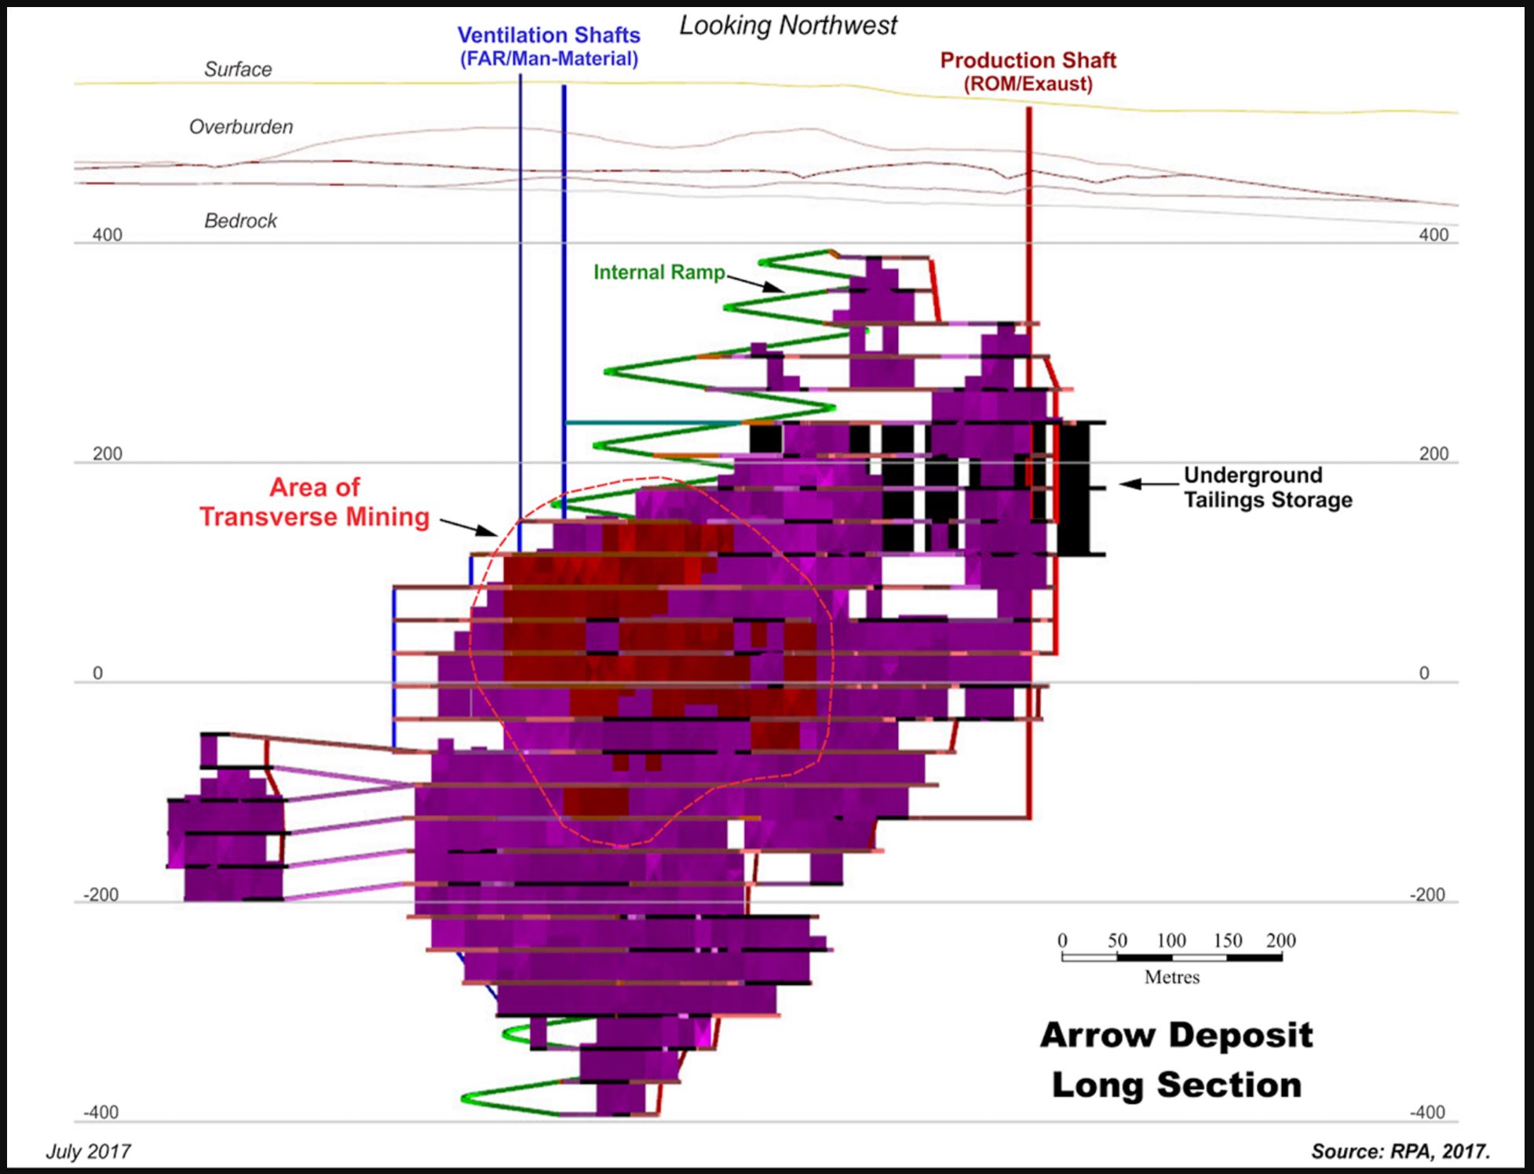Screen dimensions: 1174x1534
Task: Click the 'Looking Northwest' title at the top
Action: [x=787, y=26]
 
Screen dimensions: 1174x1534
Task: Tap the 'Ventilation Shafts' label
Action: [x=549, y=36]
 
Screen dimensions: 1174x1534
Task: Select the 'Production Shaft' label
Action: [x=1028, y=61]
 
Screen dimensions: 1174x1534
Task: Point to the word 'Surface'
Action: [x=238, y=70]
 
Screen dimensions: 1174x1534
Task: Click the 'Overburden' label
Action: [x=241, y=127]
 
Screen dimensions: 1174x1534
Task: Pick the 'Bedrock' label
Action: [x=240, y=221]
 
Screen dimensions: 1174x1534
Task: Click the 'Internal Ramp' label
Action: [x=659, y=272]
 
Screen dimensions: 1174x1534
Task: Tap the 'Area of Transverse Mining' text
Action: [x=314, y=502]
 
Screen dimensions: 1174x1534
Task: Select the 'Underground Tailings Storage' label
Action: [x=1267, y=487]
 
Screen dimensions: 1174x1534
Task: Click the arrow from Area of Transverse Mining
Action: [x=469, y=527]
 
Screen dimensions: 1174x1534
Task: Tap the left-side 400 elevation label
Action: [x=108, y=235]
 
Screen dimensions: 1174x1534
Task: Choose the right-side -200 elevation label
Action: [x=1426, y=895]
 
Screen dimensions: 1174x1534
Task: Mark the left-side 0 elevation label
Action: [x=97, y=673]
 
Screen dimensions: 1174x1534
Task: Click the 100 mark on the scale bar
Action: [x=1171, y=941]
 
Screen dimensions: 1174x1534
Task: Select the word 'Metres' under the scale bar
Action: [x=1171, y=978]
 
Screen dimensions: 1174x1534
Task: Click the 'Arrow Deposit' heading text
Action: [x=1176, y=1036]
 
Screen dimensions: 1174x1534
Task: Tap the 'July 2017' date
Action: [x=88, y=1151]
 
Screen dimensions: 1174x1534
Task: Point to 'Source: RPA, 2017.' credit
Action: [x=1400, y=1151]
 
